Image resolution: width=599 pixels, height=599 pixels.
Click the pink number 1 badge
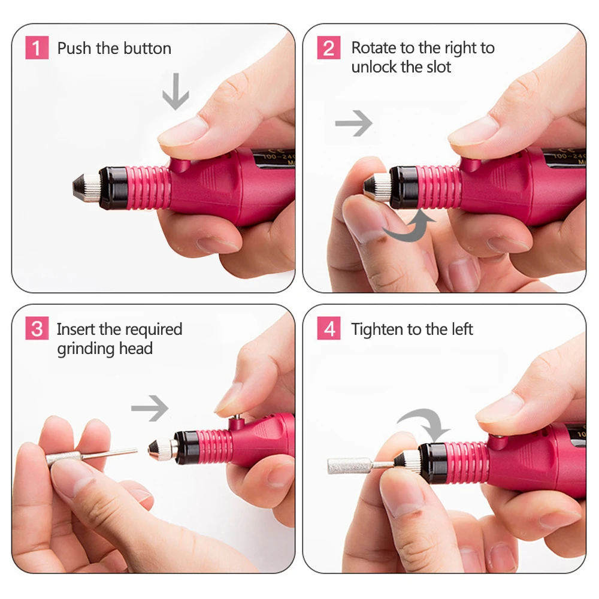(x=37, y=48)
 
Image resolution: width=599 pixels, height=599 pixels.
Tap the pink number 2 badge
(x=328, y=48)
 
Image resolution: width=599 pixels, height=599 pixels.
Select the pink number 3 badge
(x=37, y=329)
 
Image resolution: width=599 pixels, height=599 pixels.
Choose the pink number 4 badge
(x=328, y=329)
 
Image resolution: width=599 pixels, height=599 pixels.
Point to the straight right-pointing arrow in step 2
(x=353, y=124)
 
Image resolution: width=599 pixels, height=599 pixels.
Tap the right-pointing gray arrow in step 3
(x=150, y=409)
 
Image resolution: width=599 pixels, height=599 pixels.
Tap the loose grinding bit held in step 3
(x=90, y=455)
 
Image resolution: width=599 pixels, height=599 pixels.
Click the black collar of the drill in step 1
(x=111, y=187)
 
